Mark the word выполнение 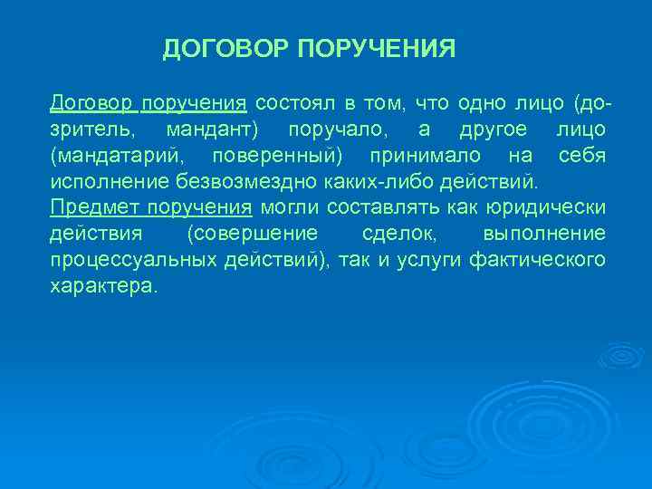[x=544, y=234]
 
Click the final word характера [x=103, y=286]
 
